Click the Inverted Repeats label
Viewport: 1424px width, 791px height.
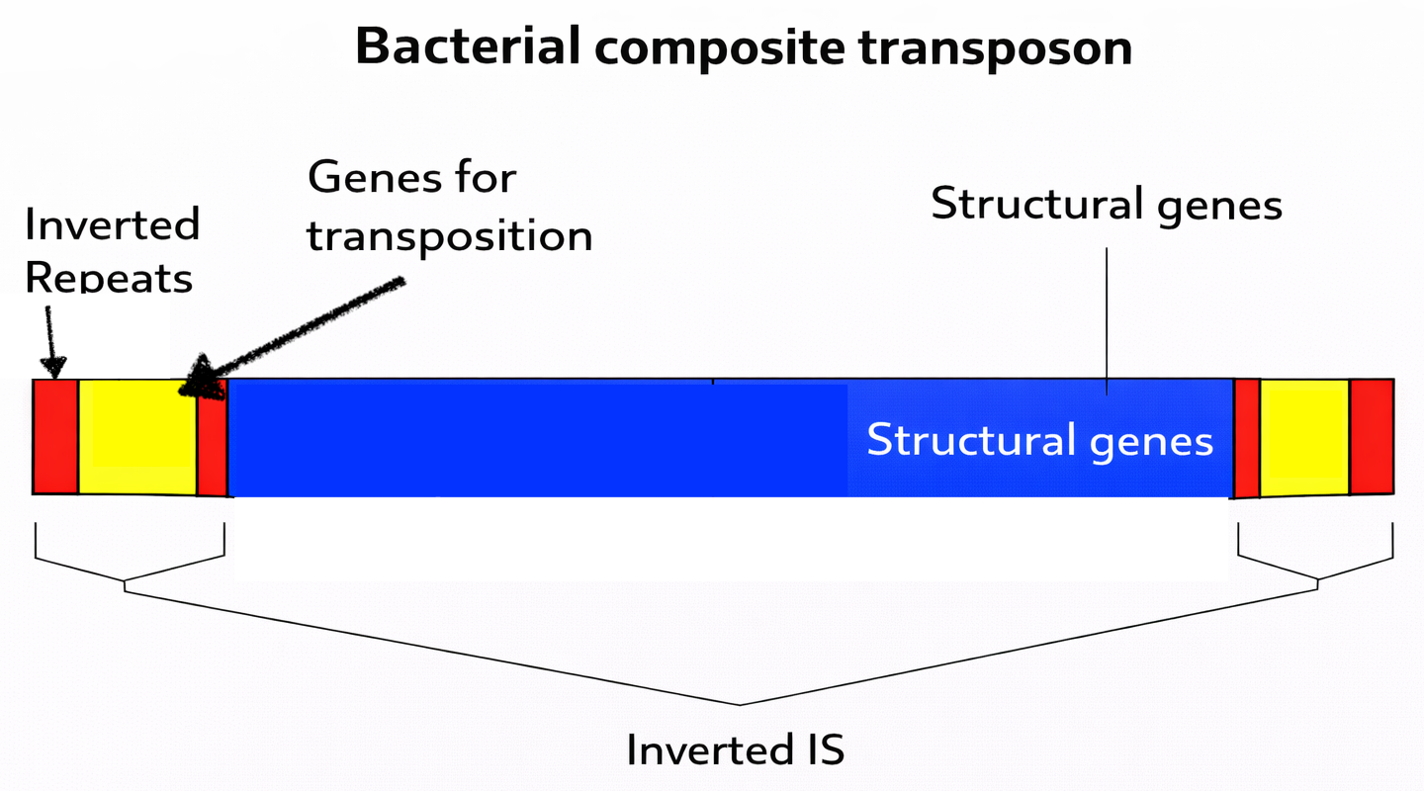[112, 251]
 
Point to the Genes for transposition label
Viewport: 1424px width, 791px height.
[449, 208]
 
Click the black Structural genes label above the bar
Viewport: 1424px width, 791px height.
[1107, 205]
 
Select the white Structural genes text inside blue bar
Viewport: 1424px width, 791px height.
[1039, 440]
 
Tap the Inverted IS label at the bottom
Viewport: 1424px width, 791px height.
[736, 750]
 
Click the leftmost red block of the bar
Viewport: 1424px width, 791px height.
[55, 436]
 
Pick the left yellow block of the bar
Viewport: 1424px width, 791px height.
[137, 436]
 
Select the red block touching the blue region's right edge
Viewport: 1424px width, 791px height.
[1247, 438]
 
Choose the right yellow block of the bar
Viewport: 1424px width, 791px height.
[1304, 436]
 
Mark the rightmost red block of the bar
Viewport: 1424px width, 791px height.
[1372, 436]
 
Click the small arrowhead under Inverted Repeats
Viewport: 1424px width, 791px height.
[53, 368]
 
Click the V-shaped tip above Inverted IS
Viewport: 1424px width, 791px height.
[740, 704]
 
